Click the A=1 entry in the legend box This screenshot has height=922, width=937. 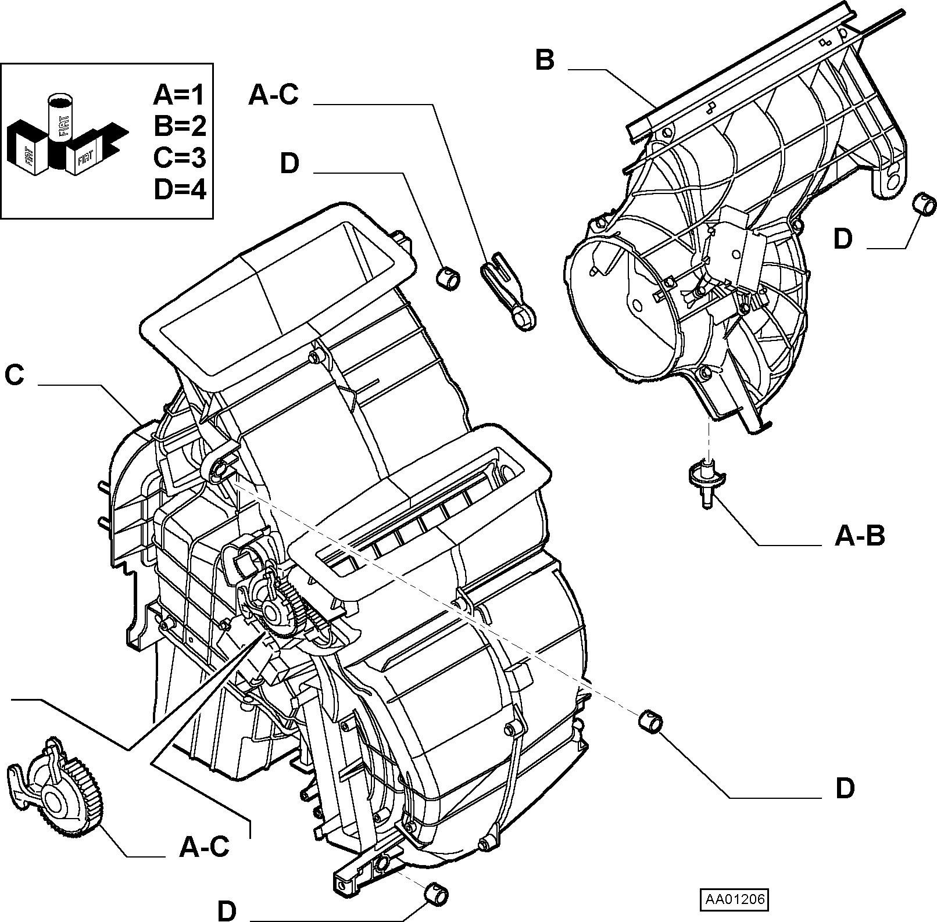(x=180, y=94)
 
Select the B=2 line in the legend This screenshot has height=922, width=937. (x=180, y=125)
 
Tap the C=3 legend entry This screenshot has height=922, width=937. (x=180, y=157)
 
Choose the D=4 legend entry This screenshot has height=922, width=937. (x=180, y=189)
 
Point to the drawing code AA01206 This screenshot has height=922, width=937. (x=734, y=899)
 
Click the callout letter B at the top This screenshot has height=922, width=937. (x=545, y=60)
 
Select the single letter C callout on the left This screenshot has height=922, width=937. (x=15, y=375)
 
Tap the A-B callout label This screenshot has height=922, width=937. (x=860, y=536)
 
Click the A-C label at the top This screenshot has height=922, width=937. (x=273, y=95)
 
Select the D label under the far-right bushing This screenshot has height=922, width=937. (x=843, y=239)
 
